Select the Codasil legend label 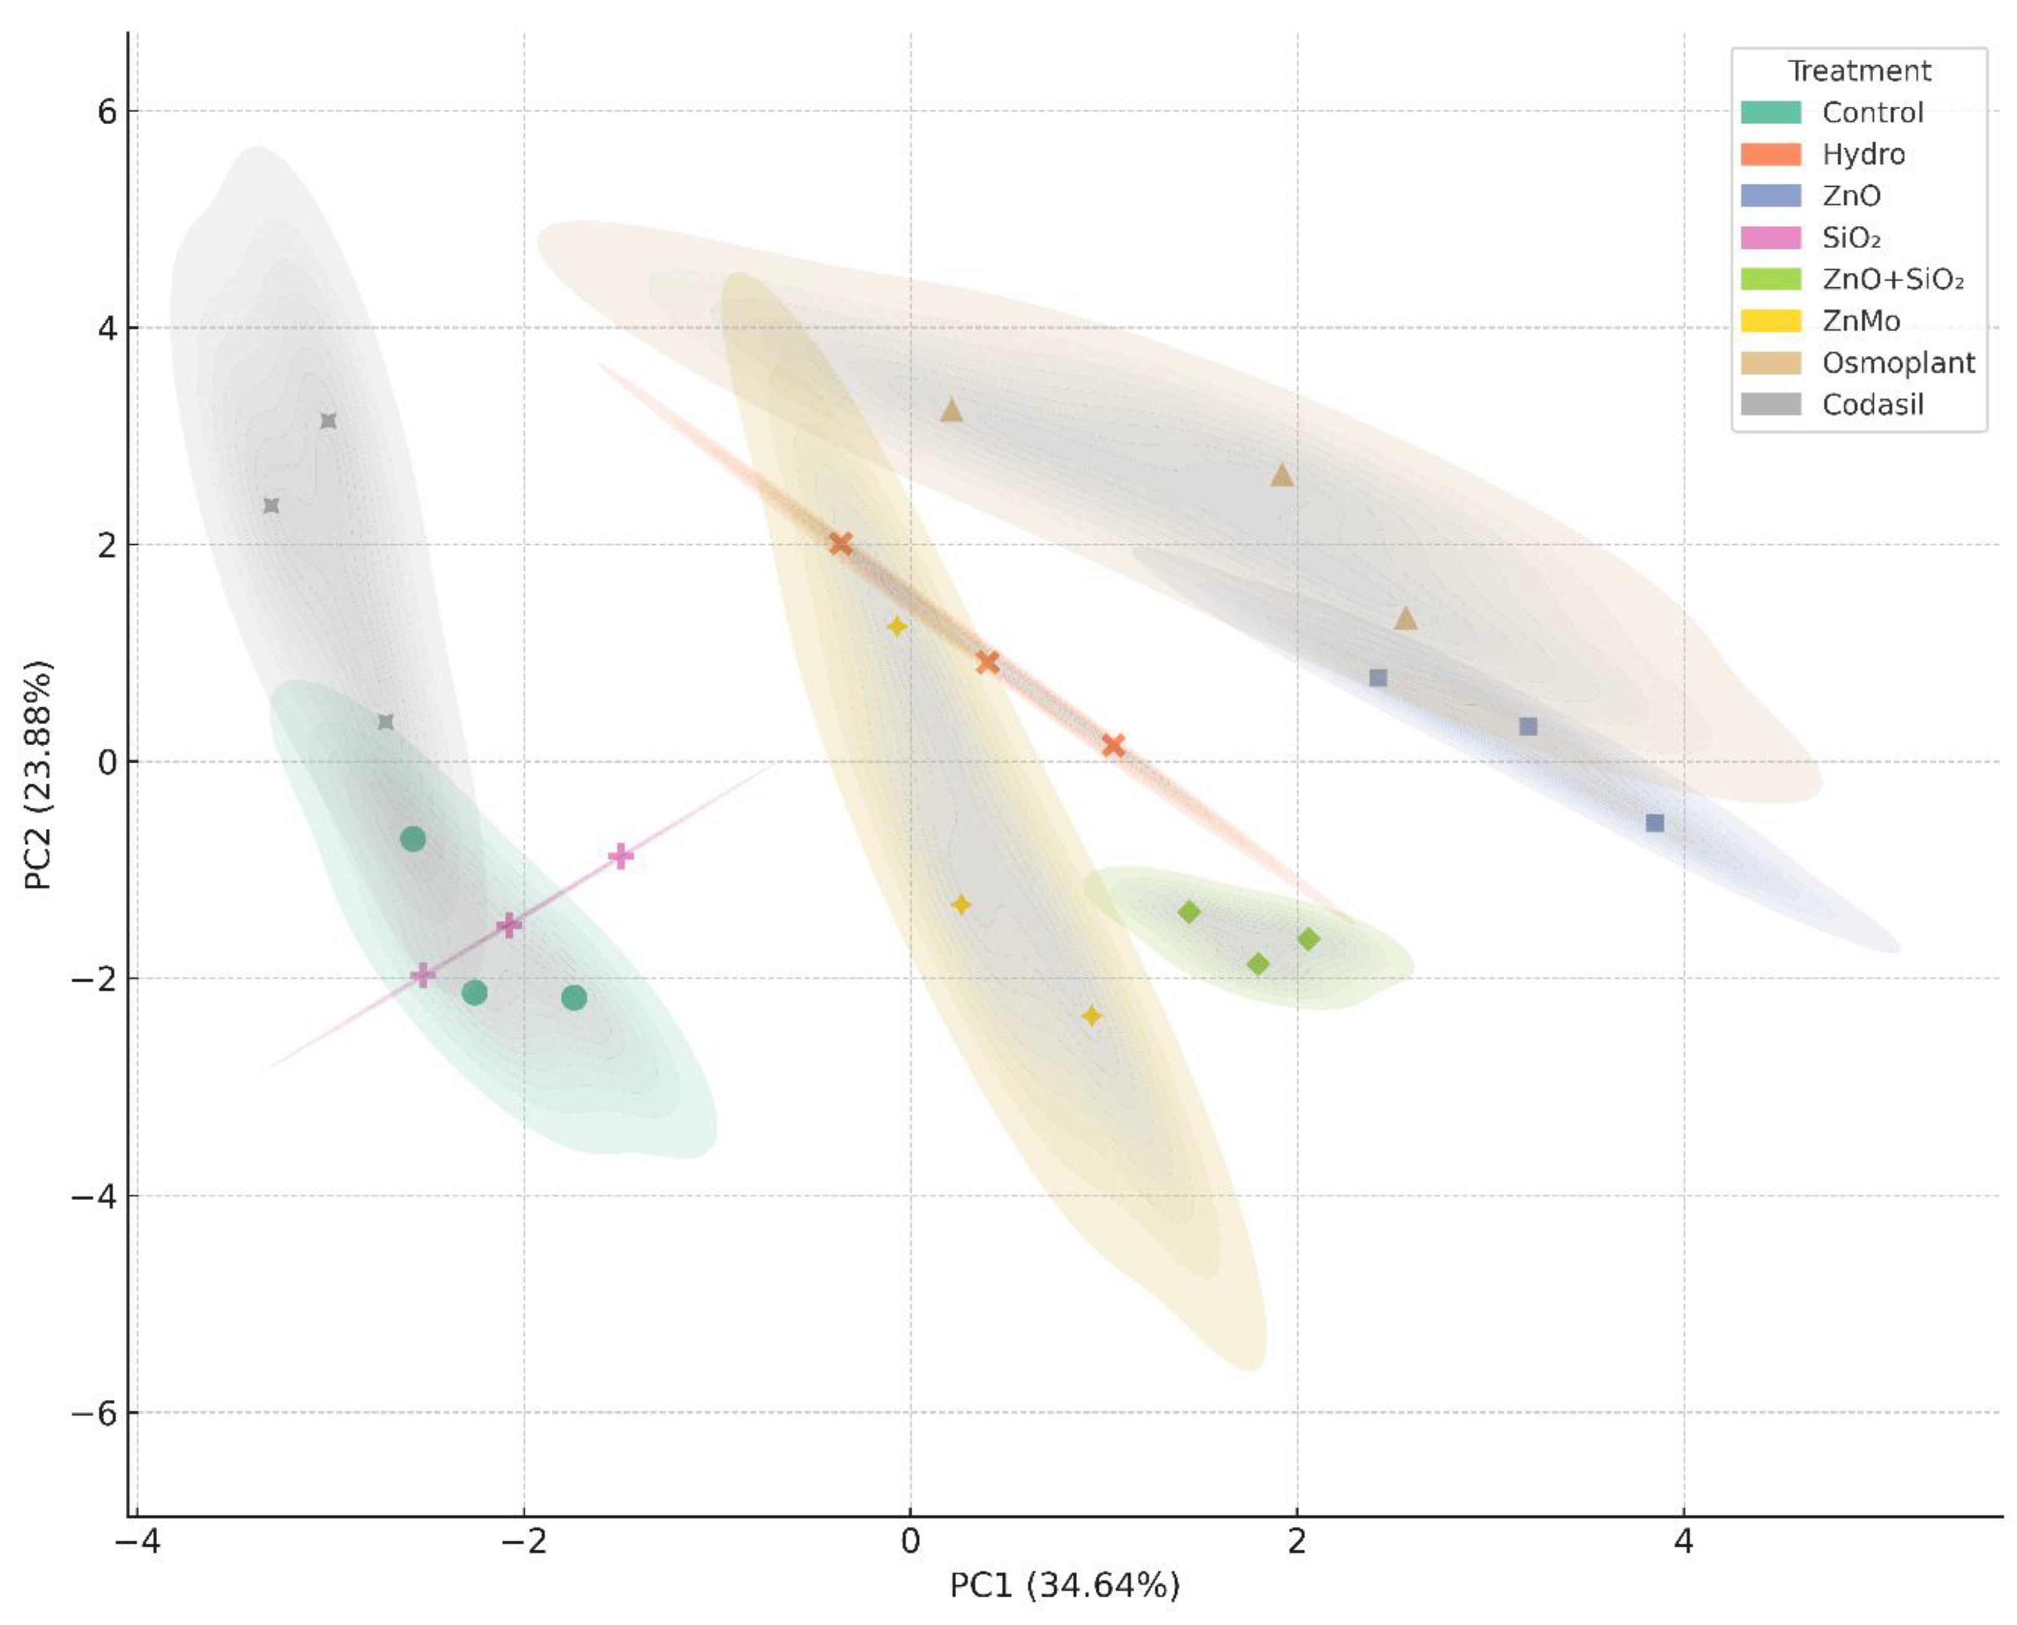1872,405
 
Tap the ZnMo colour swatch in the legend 1770,321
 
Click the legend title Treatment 1859,71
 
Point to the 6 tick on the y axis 107,112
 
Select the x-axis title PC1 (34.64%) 1064,1585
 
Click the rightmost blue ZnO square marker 1655,823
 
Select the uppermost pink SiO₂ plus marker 620,856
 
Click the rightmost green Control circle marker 574,998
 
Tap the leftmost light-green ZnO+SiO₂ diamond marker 1189,911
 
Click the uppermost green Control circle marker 413,839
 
